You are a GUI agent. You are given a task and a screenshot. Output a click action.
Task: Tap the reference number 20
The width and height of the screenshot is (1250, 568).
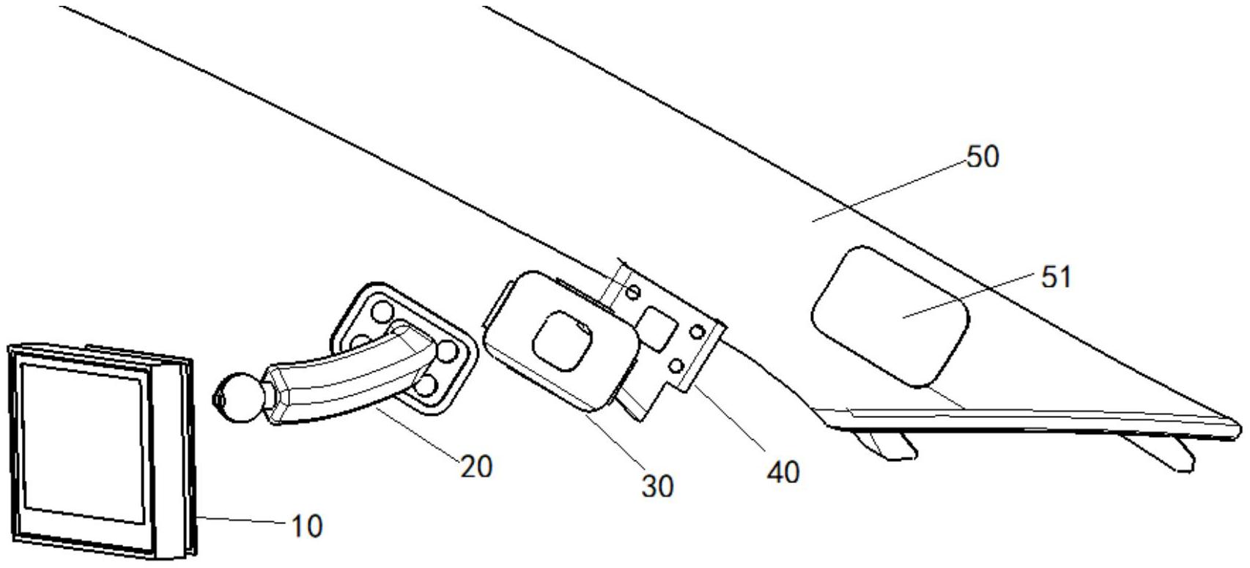476,466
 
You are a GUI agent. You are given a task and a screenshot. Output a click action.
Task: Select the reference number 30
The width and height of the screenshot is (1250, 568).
657,486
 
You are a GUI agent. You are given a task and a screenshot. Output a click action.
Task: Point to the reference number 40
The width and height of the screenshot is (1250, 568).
783,472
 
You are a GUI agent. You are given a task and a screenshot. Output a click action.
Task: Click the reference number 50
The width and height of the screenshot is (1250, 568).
983,157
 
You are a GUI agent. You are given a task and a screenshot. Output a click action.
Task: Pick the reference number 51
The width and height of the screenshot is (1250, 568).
1056,277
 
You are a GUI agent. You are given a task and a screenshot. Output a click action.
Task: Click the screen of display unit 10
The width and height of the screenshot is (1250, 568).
81,442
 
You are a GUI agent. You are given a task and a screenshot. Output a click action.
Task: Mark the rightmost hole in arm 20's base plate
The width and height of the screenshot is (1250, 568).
446,353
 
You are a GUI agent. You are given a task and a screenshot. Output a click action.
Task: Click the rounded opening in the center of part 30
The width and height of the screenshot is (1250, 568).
562,339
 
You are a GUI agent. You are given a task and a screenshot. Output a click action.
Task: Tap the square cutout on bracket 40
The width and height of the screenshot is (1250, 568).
657,325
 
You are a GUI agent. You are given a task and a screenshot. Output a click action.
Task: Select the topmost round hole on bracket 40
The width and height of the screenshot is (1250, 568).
635,292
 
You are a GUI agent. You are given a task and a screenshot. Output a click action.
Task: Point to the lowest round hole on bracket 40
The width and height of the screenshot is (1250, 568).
678,364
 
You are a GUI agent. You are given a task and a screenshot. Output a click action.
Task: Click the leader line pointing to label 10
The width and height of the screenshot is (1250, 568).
242,520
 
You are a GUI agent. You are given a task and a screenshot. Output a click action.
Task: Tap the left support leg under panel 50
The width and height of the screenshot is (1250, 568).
887,444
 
